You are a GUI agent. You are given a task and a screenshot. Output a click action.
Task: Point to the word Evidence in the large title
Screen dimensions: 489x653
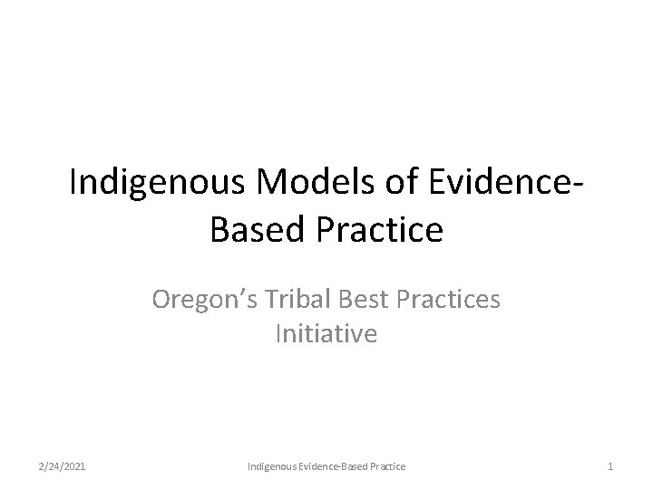490,183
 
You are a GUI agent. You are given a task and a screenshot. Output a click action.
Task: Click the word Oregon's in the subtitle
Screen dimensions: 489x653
200,300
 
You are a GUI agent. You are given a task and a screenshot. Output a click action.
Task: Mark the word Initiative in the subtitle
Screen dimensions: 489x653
326,335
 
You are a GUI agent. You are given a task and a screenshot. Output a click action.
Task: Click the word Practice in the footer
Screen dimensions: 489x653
388,465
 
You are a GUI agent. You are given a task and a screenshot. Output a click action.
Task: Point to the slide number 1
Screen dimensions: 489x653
611,465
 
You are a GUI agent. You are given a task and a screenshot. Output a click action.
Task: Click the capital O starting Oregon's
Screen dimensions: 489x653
163,300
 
